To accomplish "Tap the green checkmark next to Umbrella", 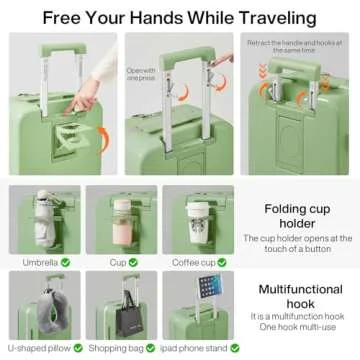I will click(65, 263).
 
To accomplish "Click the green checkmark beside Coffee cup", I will click(221, 263).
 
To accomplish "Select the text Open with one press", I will click(140, 76).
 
